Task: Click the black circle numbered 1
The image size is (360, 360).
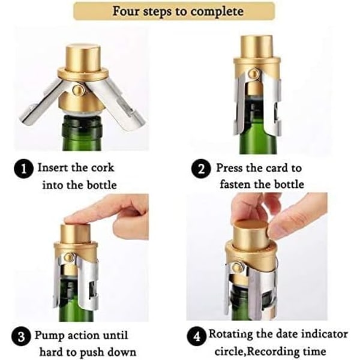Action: [x=24, y=169]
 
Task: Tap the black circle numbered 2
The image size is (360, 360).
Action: [x=201, y=169]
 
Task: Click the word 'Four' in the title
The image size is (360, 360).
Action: [x=126, y=11]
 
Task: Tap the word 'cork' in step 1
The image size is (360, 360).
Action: [x=103, y=167]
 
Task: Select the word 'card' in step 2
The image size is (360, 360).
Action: [x=277, y=168]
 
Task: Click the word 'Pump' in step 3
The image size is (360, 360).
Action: [x=49, y=335]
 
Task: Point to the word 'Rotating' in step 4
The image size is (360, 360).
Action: [x=230, y=334]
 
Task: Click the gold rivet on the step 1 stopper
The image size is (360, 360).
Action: [x=77, y=89]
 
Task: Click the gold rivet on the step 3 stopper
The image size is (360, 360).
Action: [x=68, y=256]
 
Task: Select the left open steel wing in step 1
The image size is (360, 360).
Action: [x=41, y=103]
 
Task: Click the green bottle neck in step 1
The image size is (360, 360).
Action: [x=82, y=133]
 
